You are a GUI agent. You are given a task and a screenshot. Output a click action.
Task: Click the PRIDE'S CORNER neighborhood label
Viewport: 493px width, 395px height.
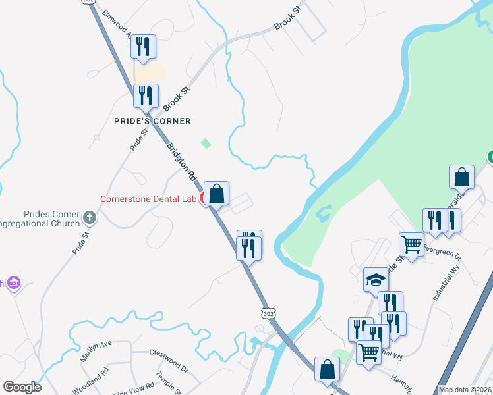pos(152,121)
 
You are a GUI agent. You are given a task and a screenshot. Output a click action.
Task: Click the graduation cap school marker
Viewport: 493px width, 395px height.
pos(376,279)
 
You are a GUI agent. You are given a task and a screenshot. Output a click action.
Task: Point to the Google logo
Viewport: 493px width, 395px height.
pos(22,387)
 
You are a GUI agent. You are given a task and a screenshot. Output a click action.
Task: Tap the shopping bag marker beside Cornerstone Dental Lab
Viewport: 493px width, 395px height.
pos(216,194)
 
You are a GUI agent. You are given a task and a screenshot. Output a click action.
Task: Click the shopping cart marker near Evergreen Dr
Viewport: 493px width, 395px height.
pos(412,244)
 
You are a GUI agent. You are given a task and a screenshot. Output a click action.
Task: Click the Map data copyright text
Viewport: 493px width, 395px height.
pos(465,390)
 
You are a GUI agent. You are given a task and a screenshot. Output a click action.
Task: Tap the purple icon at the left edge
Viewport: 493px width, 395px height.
pos(13,283)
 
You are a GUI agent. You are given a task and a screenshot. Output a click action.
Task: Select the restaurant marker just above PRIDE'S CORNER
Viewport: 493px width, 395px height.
pos(146,96)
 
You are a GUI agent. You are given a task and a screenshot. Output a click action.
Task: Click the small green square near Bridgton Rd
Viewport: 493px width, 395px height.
pos(206,143)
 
